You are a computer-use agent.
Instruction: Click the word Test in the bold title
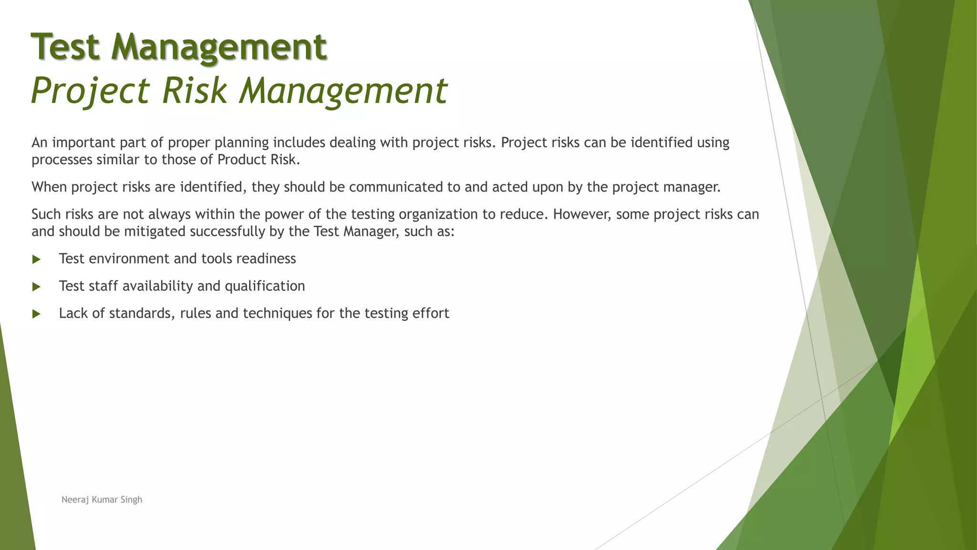(x=65, y=47)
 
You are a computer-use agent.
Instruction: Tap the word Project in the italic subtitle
(x=91, y=91)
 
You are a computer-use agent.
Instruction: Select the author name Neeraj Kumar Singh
(x=102, y=499)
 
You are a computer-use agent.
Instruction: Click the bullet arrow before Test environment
(x=36, y=260)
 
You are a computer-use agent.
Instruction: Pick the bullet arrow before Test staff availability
(x=36, y=287)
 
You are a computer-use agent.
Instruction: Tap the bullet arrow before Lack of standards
(x=36, y=314)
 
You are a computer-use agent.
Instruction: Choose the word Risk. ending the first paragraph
(x=285, y=159)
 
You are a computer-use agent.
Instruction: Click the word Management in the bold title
(x=219, y=47)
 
